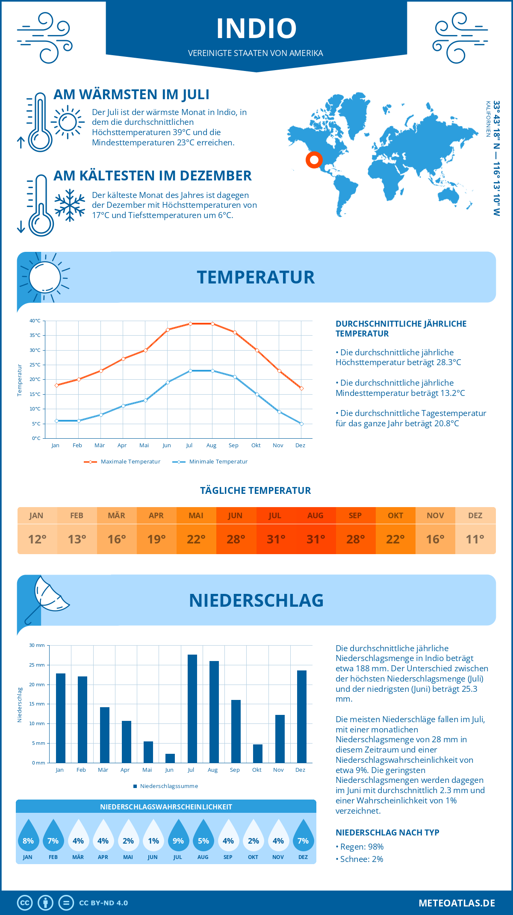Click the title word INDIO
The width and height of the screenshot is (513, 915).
click(256, 29)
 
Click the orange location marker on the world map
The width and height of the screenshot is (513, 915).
click(314, 160)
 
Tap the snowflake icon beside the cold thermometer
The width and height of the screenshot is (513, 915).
click(70, 205)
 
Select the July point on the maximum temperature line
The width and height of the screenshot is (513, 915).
click(190, 324)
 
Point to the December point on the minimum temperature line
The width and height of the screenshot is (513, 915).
click(301, 424)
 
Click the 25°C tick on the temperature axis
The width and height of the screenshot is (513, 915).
click(35, 365)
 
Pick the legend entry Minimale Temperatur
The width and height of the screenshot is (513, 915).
click(218, 462)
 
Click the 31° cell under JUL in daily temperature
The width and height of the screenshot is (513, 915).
click(276, 539)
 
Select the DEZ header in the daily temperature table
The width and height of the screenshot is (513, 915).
click(475, 516)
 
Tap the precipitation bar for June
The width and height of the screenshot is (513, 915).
click(170, 758)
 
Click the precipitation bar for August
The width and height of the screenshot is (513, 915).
click(214, 712)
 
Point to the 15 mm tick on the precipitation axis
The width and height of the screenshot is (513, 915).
click(37, 704)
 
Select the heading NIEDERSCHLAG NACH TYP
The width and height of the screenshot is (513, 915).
click(387, 832)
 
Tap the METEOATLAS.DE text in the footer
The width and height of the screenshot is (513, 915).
click(457, 903)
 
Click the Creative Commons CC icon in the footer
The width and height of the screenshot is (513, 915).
click(25, 903)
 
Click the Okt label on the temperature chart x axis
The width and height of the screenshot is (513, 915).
click(256, 446)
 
